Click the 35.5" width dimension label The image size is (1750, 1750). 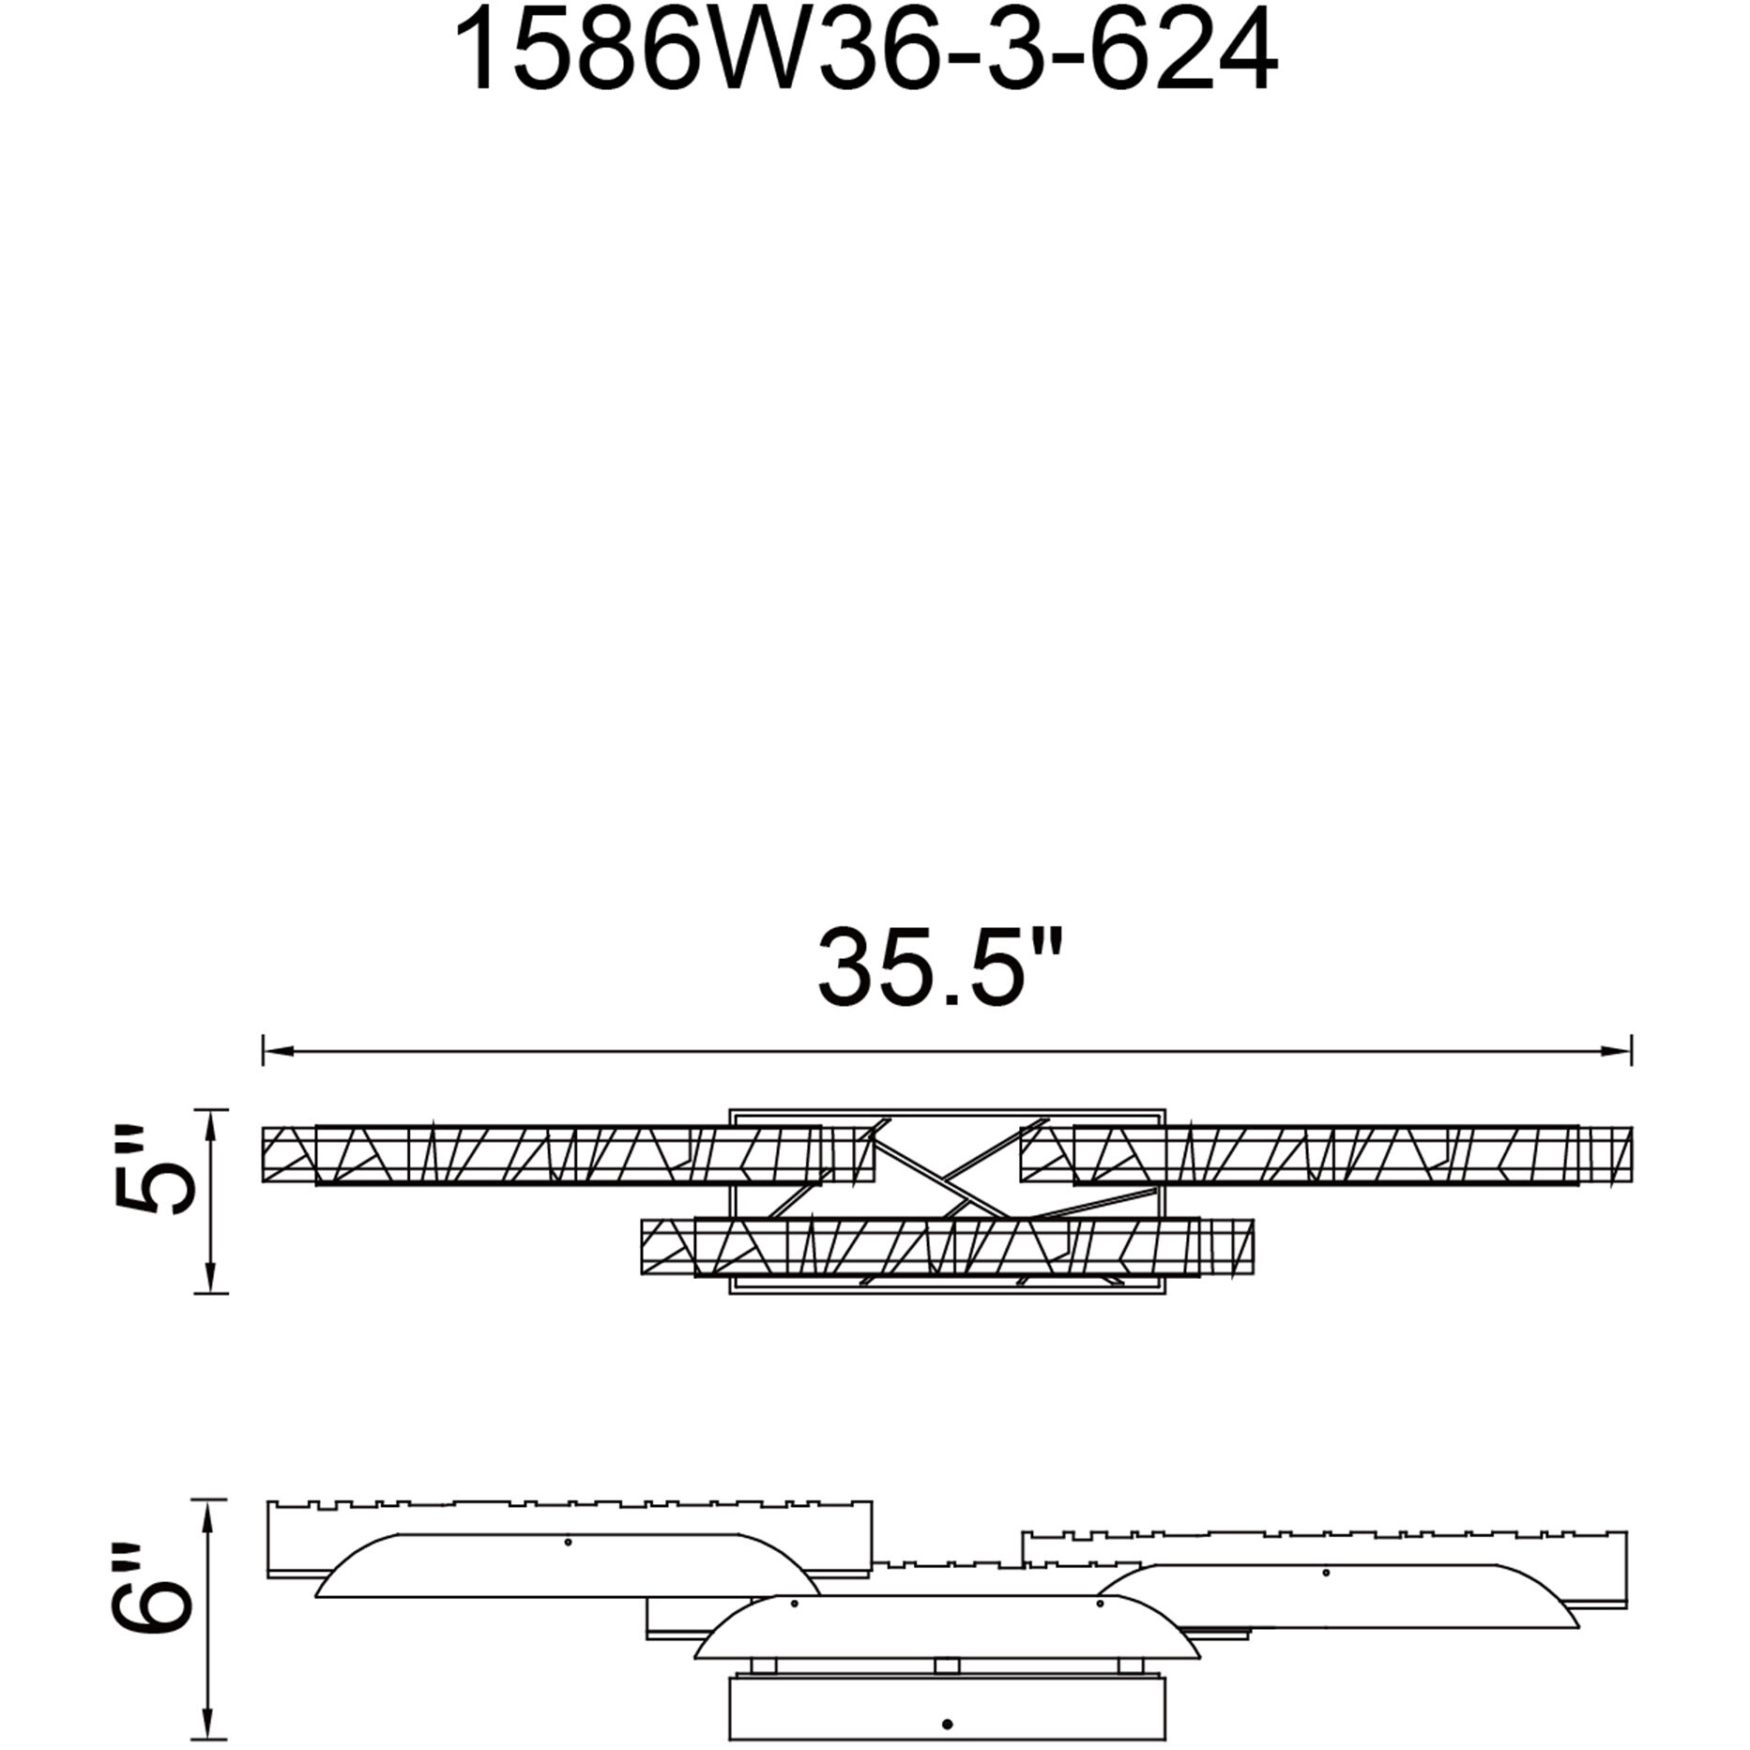pos(941,967)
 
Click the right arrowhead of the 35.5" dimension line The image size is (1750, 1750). pos(1621,1050)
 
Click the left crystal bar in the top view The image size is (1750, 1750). pos(568,1154)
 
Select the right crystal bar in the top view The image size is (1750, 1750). pos(1325,1154)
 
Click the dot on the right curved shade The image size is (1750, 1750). pos(1325,1573)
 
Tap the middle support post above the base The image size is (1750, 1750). pos(947,1666)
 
